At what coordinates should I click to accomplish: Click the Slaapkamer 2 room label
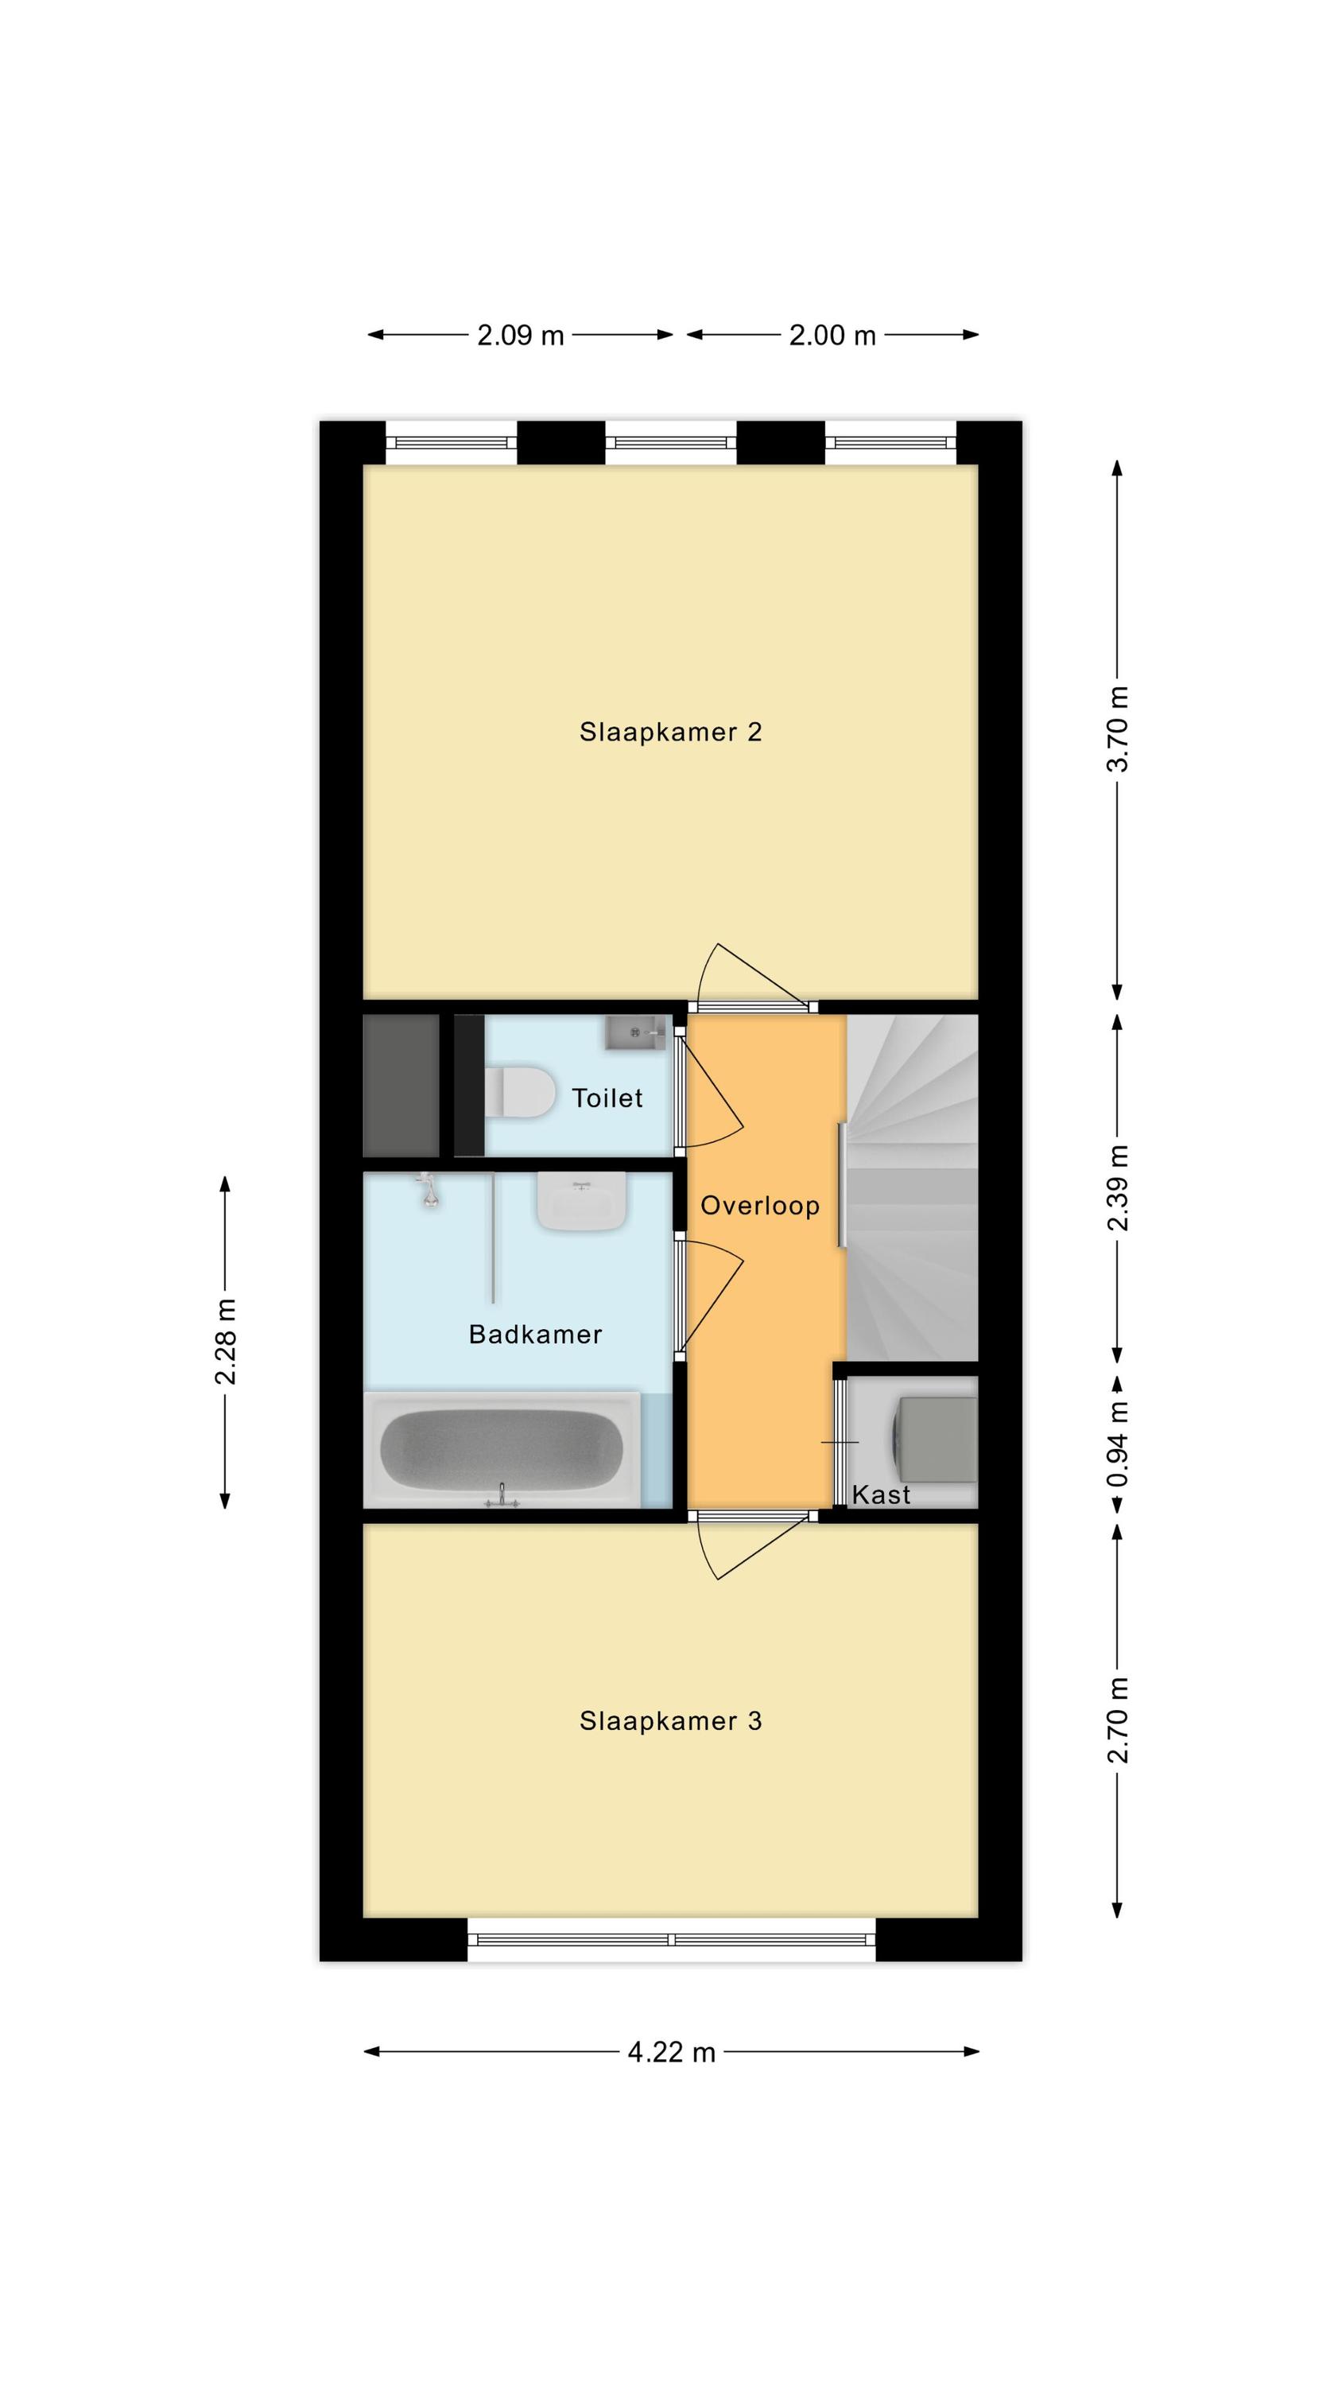tap(669, 732)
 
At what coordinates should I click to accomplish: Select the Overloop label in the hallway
tap(759, 1206)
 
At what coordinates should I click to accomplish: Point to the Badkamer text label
tap(535, 1334)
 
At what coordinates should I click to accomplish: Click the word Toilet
tap(607, 1098)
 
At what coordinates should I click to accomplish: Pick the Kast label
tap(881, 1494)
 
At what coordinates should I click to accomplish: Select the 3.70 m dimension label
tap(1118, 729)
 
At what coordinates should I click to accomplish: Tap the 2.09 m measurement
tap(520, 336)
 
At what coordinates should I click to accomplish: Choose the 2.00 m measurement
tap(832, 336)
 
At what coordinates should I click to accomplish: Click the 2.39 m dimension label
tap(1118, 1188)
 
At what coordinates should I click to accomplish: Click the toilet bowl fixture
tap(518, 1091)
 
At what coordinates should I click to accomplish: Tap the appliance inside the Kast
tap(933, 1440)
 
